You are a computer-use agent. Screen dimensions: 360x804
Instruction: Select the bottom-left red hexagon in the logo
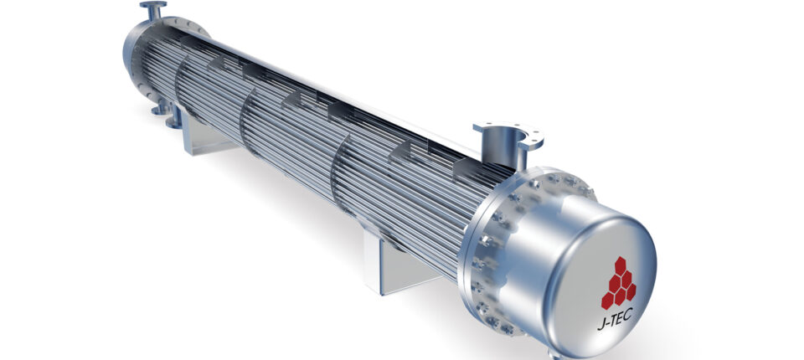tap(607, 297)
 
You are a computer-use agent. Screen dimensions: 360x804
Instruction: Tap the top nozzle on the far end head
tap(152, 8)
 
